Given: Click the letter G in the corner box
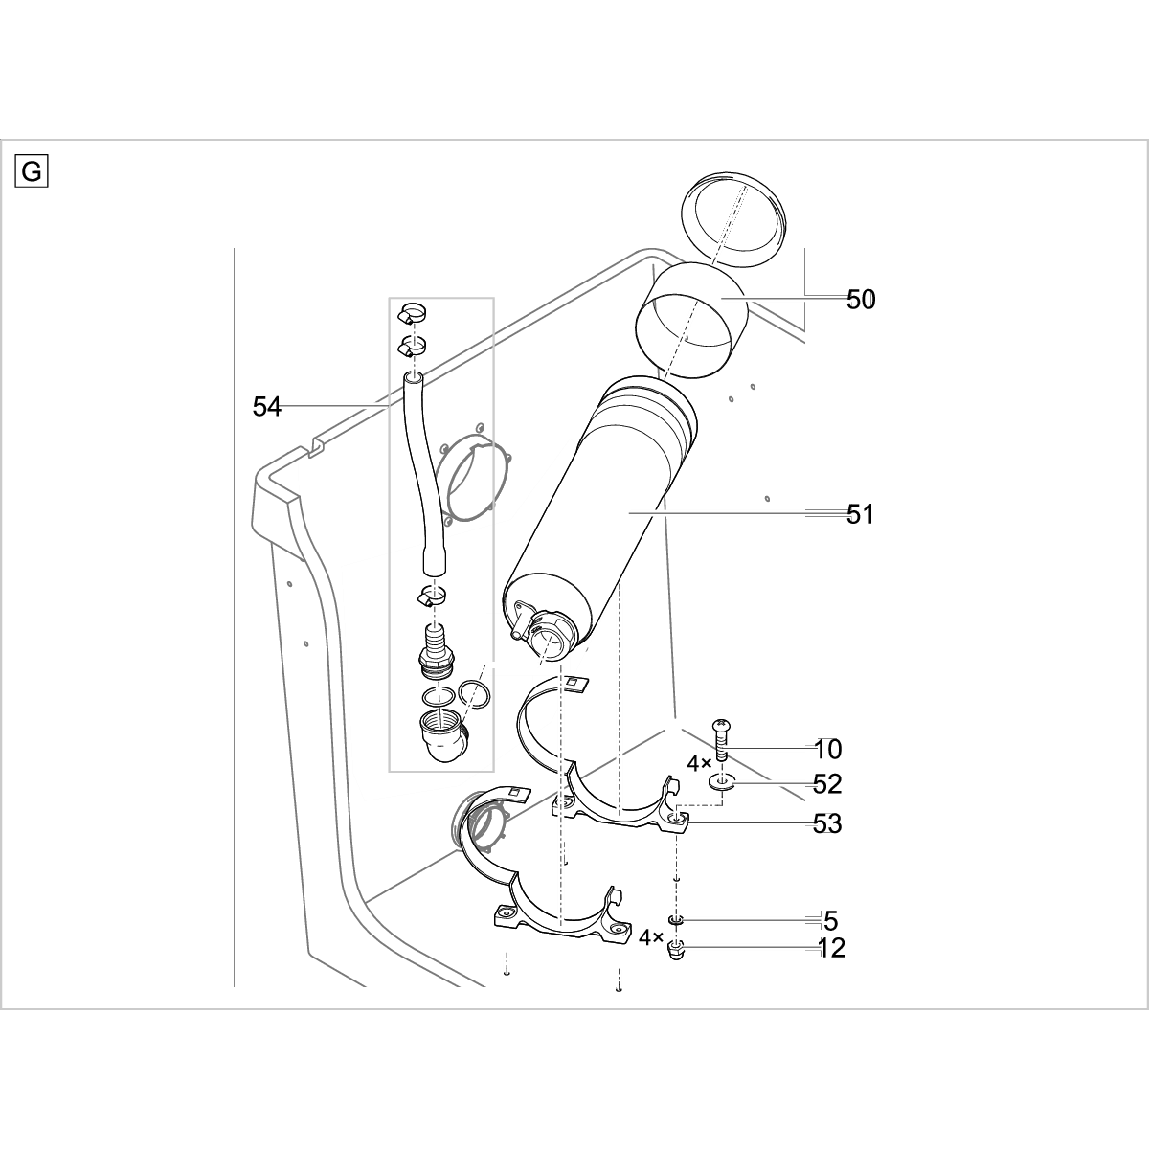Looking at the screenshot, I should tap(32, 171).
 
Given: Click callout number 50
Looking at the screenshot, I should tap(861, 300).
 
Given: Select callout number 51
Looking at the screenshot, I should tap(861, 515).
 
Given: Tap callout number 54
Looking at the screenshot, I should tap(267, 407).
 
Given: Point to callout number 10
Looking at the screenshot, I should tap(828, 749).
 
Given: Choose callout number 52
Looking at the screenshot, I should tap(827, 784).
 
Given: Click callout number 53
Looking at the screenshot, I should tap(827, 822).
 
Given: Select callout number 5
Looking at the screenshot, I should tap(830, 921).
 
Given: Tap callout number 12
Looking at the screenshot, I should tap(832, 949).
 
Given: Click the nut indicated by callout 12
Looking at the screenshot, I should tap(676, 951).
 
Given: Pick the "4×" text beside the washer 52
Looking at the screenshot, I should tap(699, 764).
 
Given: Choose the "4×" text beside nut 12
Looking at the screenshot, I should tap(652, 936).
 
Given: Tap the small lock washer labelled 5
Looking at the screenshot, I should tap(676, 920).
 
